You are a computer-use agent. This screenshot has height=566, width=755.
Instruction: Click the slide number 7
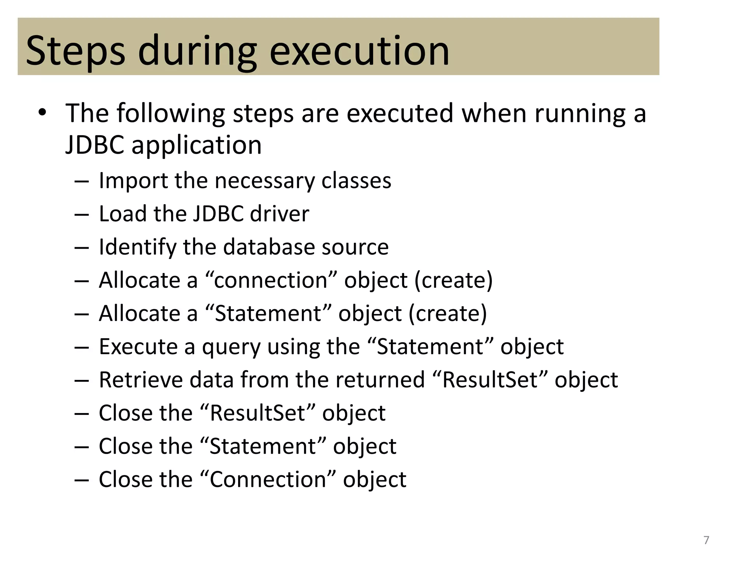[x=706, y=540]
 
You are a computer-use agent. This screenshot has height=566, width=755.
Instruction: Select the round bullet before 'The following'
[x=42, y=112]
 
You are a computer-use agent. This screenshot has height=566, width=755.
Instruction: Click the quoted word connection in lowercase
[x=271, y=280]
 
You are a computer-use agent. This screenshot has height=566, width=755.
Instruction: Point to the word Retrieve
[x=141, y=380]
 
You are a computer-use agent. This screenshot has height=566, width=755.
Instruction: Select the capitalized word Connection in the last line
[x=268, y=479]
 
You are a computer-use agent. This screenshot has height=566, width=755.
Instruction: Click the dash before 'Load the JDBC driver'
[x=81, y=214]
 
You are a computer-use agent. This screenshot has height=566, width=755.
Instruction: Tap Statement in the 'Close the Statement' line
[x=262, y=446]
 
